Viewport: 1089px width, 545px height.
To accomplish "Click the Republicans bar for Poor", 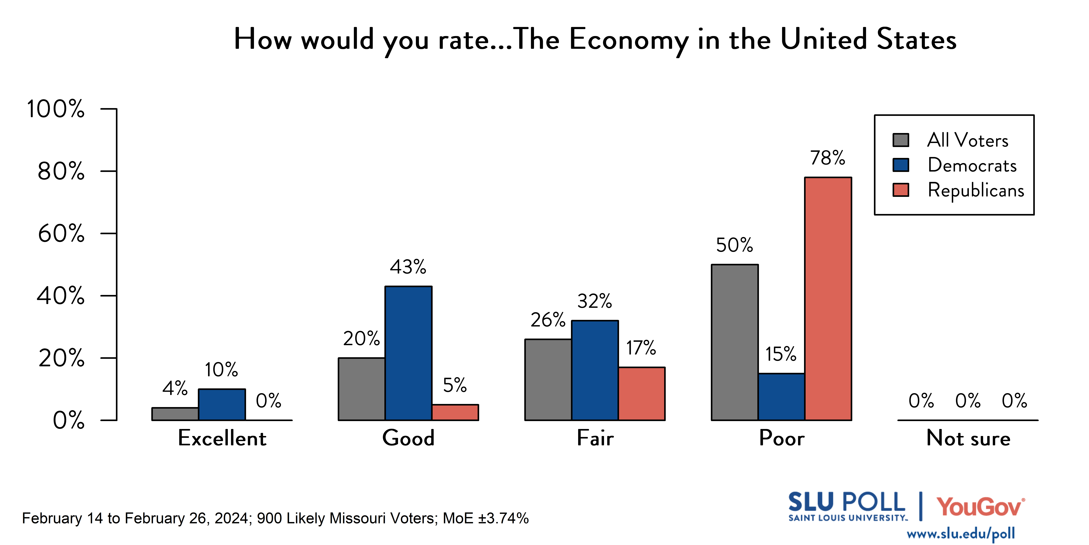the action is point(828,299).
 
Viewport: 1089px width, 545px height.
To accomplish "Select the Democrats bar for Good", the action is point(408,353).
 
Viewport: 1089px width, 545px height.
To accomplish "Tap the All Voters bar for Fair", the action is point(548,380).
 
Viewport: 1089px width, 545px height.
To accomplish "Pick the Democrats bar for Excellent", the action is point(222,404).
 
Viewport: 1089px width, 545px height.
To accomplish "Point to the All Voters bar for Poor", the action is point(735,342).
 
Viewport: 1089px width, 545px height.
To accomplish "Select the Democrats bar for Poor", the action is point(781,397).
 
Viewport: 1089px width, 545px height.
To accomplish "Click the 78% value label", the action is point(827,158).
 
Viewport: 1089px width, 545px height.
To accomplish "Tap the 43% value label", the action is point(408,267).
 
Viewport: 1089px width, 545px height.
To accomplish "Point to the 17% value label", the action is point(641,348).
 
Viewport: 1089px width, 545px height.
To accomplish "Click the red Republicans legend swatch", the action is point(901,190).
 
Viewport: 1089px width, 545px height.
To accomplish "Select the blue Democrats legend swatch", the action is point(901,165).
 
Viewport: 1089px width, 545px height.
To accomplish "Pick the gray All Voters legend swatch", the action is point(901,140).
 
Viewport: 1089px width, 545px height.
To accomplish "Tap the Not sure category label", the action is point(968,438).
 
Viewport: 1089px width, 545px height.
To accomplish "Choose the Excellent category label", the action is point(222,438).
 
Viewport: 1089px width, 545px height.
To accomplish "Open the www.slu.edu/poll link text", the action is point(961,534).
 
